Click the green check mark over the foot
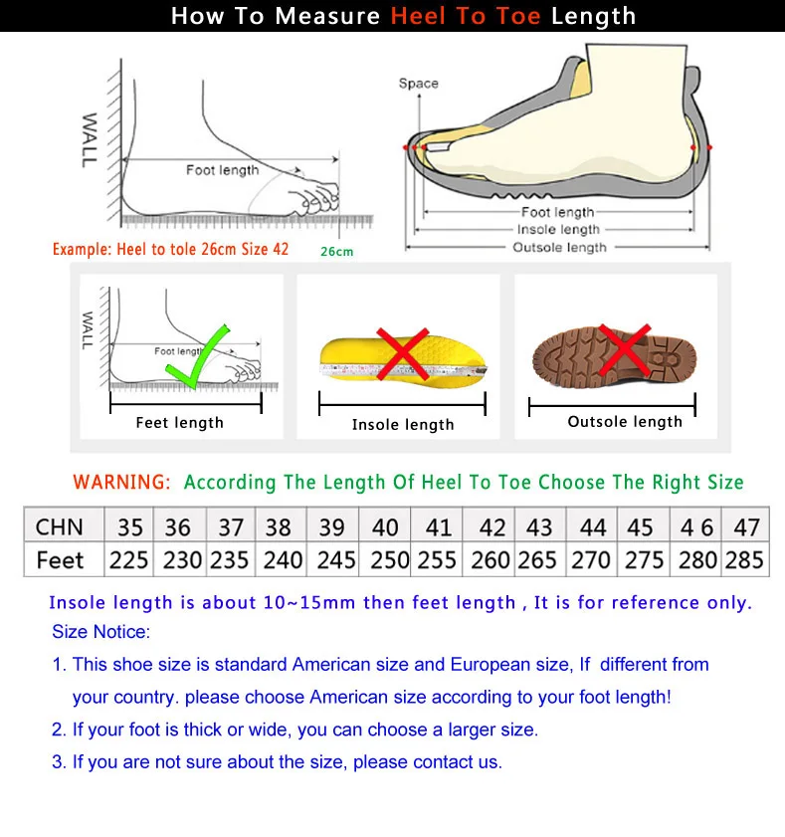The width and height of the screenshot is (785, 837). (199, 356)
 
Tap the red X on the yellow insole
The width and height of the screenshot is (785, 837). (401, 353)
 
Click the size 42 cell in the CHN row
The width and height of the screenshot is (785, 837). (491, 526)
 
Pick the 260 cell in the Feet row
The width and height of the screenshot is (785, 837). (491, 560)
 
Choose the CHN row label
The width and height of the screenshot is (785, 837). (60, 526)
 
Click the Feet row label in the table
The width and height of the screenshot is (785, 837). (60, 560)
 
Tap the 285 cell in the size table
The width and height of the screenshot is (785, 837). (744, 560)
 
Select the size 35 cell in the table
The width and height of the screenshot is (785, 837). (129, 526)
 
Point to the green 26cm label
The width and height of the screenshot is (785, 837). (336, 252)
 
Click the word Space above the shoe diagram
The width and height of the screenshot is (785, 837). (418, 84)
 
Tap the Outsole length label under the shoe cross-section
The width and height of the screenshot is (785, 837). (559, 247)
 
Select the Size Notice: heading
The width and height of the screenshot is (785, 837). (100, 632)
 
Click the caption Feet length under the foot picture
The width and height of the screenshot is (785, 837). (180, 423)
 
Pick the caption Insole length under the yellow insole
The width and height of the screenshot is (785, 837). (403, 425)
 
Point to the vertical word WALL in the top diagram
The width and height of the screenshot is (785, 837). (91, 139)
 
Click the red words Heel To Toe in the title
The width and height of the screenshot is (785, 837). (467, 17)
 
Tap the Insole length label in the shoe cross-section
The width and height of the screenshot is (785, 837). (559, 230)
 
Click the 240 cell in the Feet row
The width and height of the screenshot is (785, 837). (283, 560)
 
